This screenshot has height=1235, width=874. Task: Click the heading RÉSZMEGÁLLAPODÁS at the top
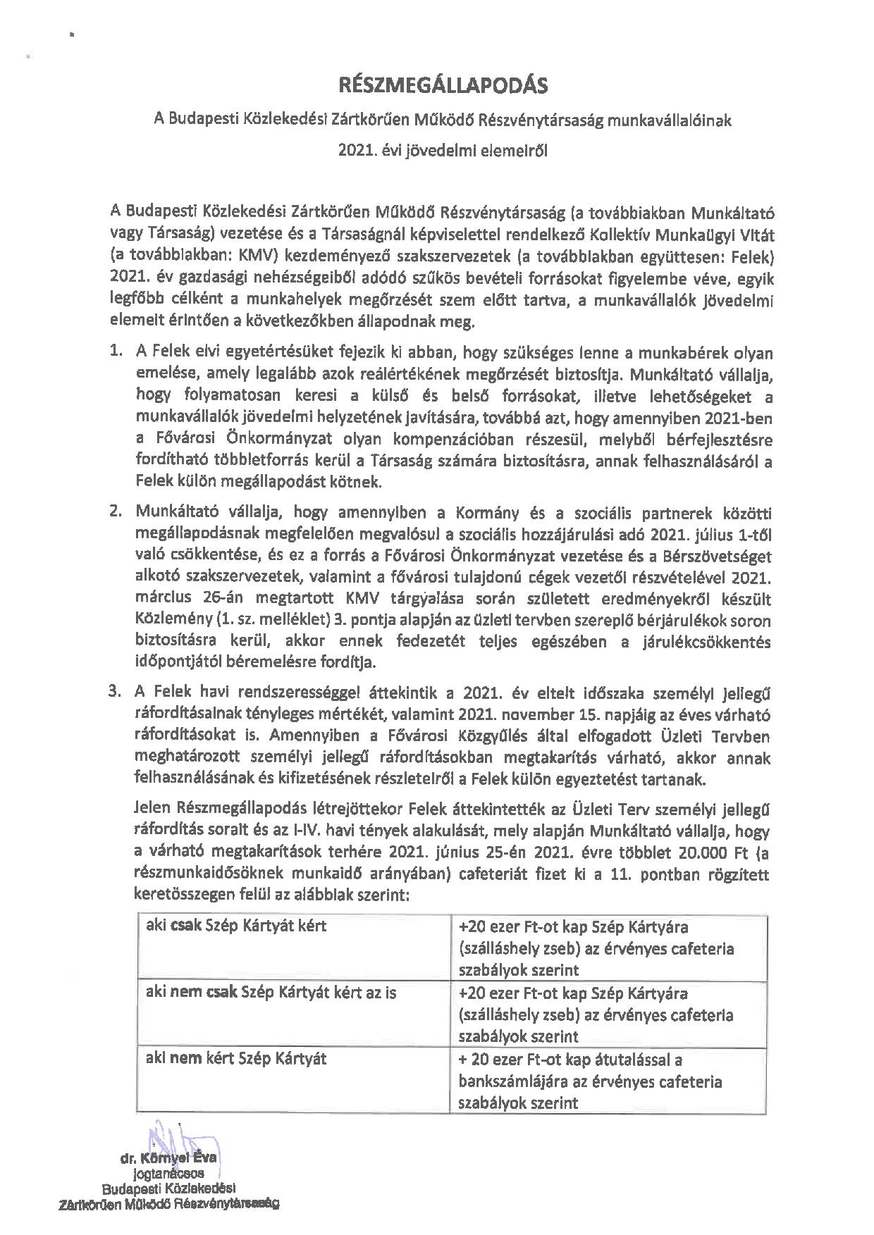443,86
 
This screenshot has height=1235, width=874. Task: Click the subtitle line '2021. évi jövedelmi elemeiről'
443,149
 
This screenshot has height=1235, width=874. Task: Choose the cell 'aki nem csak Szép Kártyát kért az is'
271,993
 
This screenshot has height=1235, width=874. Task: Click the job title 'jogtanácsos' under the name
168,1174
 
